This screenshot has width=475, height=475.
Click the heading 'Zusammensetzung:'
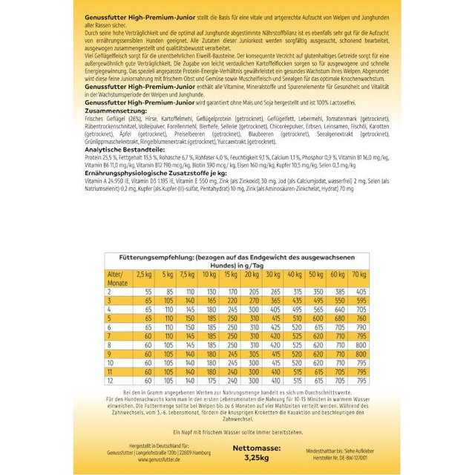111,108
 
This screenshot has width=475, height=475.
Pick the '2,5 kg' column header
144,275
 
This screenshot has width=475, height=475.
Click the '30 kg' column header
275,275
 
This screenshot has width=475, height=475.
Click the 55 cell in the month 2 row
149,292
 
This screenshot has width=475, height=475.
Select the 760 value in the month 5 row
361,319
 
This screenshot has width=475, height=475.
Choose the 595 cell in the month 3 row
361,301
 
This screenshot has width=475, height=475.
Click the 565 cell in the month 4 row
361,310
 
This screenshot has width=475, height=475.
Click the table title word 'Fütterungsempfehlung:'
152,257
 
